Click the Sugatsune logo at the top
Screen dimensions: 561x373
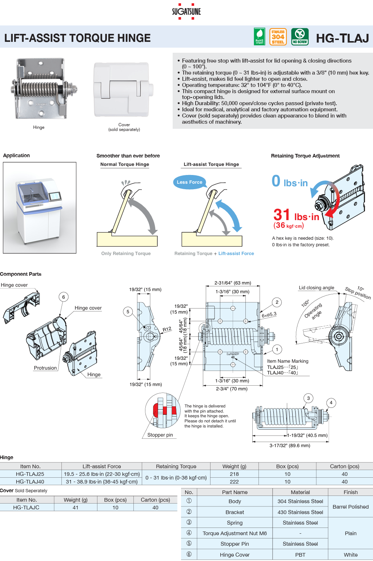[x=186, y=11]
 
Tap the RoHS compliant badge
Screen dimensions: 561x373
[x=259, y=37]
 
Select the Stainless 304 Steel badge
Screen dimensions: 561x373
[x=278, y=37]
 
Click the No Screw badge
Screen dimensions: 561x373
[x=300, y=37]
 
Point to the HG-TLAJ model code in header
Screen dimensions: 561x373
[x=342, y=38]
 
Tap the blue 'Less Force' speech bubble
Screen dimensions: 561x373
[x=189, y=182]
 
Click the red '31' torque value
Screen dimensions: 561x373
[x=282, y=215]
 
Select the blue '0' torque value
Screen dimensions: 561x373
[x=276, y=181]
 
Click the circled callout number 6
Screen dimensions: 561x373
[x=64, y=297]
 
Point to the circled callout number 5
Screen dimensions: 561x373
[x=128, y=311]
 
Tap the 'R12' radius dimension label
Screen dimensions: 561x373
[x=167, y=329]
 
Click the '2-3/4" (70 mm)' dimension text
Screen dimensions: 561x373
[x=232, y=389]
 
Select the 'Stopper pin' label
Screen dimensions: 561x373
[x=160, y=435]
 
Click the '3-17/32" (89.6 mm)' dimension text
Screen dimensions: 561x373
[x=290, y=445]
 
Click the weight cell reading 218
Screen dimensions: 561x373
[x=234, y=474]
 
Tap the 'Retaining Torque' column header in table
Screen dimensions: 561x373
[x=176, y=466]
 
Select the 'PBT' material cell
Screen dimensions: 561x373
[x=300, y=554]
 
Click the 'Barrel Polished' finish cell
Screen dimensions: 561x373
[x=350, y=506]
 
